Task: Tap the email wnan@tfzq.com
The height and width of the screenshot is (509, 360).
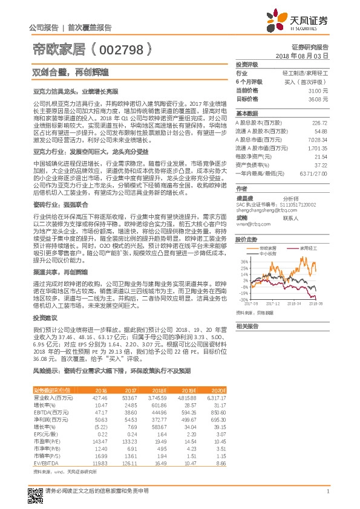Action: [x=249, y=224]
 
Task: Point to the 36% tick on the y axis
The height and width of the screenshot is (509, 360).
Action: [x=243, y=262]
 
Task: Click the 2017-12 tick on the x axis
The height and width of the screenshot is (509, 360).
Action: [x=275, y=305]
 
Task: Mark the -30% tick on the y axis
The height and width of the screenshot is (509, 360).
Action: [x=243, y=299]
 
